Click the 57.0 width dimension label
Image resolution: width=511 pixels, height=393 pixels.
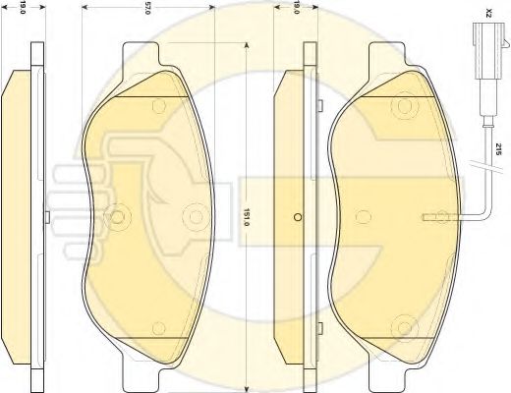tap(147, 9)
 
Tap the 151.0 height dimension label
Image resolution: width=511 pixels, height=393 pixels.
tap(248, 217)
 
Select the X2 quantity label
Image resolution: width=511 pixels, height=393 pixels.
tap(489, 14)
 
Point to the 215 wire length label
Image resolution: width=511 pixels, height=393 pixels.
tap(499, 149)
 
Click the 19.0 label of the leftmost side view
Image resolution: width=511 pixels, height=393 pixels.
tap(23, 8)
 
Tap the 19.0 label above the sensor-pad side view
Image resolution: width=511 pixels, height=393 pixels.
tap(297, 8)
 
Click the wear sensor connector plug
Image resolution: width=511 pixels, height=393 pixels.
tap(489, 51)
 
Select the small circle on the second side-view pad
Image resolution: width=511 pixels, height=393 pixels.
tap(298, 217)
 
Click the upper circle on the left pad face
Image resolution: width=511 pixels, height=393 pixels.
tap(159, 106)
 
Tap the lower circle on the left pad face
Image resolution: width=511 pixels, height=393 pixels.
tap(159, 328)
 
